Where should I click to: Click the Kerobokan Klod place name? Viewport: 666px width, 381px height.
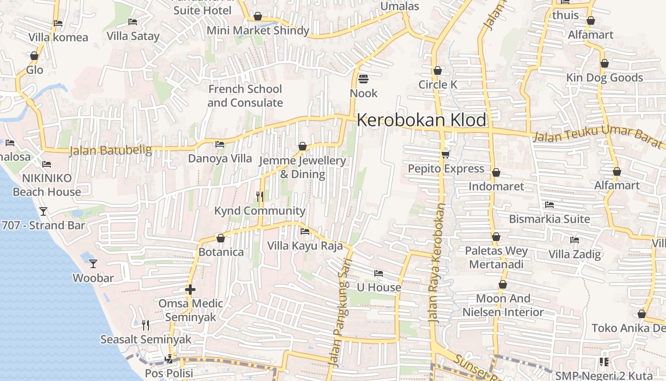point(421,120)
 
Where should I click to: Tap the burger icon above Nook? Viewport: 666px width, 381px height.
point(363,79)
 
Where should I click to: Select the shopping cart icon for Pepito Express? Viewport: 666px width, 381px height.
point(446,154)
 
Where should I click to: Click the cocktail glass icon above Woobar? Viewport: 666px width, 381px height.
point(93,263)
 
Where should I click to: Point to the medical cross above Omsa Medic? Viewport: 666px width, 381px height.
point(190,289)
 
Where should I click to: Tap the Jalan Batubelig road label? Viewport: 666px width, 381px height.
point(110,150)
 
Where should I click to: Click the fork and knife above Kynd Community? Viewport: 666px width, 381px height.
point(260,196)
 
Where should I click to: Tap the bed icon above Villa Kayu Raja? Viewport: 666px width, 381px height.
point(305,231)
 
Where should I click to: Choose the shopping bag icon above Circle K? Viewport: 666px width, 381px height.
point(438,70)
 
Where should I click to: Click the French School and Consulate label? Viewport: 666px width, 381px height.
point(245,96)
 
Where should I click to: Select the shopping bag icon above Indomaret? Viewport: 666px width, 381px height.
point(496,172)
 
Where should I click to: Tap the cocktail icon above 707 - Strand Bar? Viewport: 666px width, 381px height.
point(43,211)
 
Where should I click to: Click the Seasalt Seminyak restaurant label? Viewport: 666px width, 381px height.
point(146,339)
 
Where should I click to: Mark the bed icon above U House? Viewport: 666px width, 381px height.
point(379,273)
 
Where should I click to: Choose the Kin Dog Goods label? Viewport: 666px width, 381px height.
point(604,78)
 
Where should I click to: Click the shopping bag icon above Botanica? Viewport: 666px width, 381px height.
point(221,238)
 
